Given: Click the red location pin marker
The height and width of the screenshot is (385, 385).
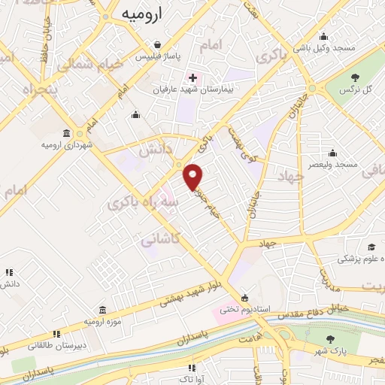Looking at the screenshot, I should point(194,176).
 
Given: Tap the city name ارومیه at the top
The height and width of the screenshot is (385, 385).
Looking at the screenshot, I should point(140,14).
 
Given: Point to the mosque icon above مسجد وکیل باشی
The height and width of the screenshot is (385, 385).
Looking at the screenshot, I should point(323,35).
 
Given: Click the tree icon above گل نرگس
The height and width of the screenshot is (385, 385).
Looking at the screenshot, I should point(355,77).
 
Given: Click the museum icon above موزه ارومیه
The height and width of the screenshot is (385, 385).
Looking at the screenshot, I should point(102,310).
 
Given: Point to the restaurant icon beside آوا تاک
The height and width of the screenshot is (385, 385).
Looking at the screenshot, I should point(192,368).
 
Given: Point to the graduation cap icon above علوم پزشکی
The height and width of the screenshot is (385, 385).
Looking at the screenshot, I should point(371,247).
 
